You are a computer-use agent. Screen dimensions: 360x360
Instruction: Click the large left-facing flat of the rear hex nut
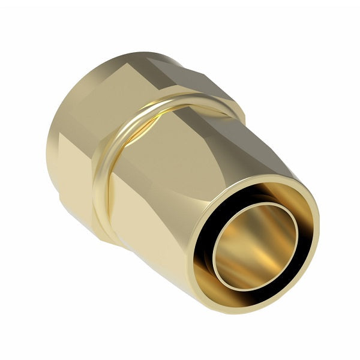point(72,144)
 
